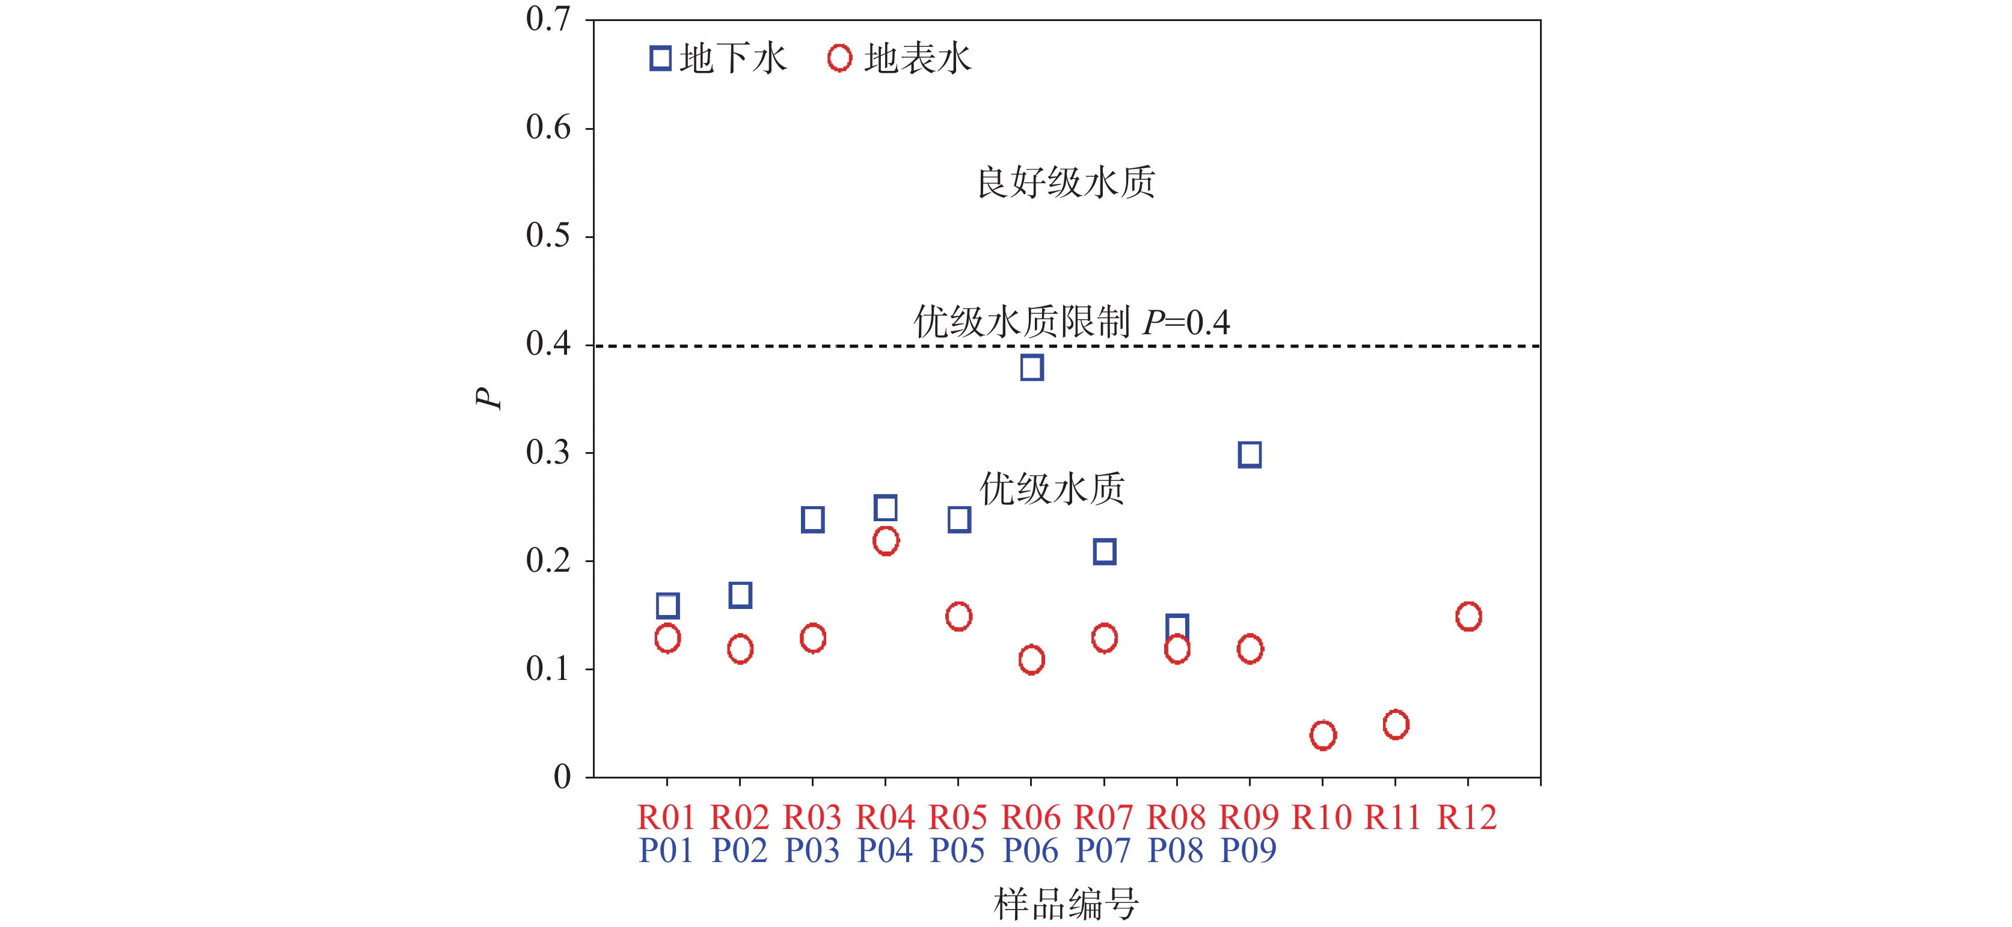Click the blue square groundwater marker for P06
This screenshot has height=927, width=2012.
click(1031, 367)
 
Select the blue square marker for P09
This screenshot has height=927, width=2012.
click(1250, 454)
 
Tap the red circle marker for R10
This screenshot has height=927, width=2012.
click(1322, 735)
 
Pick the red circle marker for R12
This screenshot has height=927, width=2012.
click(1468, 616)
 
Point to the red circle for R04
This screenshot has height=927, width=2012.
click(886, 540)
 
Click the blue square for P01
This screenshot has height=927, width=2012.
click(667, 605)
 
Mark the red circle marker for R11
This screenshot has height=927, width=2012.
click(1396, 725)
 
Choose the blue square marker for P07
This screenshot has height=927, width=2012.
click(1105, 552)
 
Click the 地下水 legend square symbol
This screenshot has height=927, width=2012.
click(661, 58)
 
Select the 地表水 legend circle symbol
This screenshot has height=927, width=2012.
click(839, 58)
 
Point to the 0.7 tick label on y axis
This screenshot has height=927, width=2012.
click(548, 19)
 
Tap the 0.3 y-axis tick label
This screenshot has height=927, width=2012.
click(548, 453)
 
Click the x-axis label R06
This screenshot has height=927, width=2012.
click(1031, 818)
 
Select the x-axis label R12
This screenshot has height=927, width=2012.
click(1468, 818)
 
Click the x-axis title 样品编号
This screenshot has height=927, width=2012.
click(1066, 904)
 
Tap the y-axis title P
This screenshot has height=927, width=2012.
click(489, 399)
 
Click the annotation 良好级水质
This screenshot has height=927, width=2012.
click(1066, 183)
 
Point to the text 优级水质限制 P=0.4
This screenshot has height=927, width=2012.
click(1072, 322)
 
